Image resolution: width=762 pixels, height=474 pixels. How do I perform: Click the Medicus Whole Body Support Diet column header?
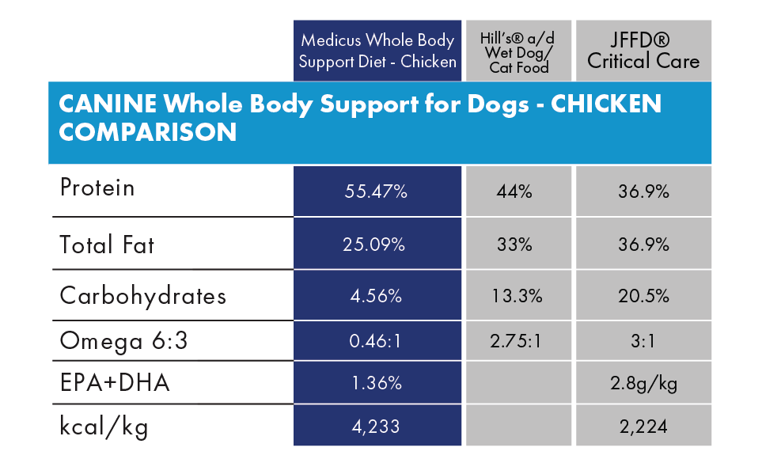click(x=377, y=51)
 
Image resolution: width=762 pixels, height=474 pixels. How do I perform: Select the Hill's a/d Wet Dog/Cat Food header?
click(x=518, y=51)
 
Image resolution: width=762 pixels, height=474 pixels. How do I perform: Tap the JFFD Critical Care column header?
click(x=643, y=51)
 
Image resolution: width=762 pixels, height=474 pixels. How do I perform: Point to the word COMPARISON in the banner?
click(x=148, y=132)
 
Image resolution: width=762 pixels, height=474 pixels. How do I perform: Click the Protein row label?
click(x=97, y=188)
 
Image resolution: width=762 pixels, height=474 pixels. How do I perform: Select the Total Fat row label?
click(x=107, y=245)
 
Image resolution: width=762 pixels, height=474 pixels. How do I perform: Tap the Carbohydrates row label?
click(x=142, y=296)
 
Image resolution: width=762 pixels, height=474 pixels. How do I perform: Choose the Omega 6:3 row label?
click(x=124, y=341)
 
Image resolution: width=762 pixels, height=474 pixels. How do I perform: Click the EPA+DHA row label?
click(x=115, y=384)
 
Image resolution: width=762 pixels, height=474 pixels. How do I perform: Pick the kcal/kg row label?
click(x=104, y=427)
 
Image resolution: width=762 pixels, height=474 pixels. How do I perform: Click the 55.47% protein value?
click(x=376, y=191)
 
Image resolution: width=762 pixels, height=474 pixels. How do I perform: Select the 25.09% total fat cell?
click(x=376, y=245)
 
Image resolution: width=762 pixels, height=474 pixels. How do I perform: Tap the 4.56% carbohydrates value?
click(x=376, y=297)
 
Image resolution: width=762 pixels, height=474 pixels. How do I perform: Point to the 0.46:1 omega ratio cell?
click(x=376, y=342)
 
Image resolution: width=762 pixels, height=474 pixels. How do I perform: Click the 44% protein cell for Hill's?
click(x=515, y=191)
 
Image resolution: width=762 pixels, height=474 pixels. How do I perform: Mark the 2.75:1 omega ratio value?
click(x=515, y=342)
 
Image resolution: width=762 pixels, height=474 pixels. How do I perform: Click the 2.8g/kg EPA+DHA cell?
click(x=644, y=385)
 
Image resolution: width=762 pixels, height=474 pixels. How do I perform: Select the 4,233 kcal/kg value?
click(x=376, y=427)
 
